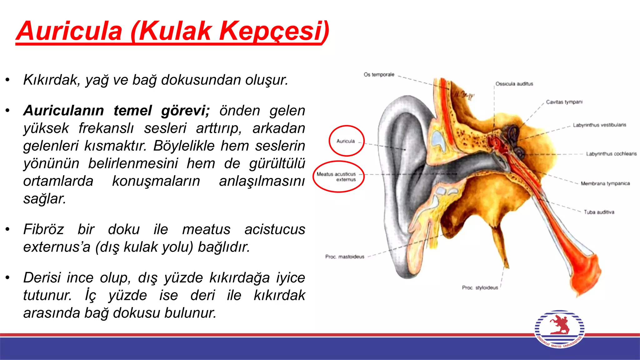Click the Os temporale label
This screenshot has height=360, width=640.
[x=379, y=75]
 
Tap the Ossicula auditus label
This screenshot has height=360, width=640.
[x=514, y=84]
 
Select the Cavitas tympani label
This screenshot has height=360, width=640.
[x=564, y=102]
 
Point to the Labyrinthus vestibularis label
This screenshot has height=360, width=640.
[x=599, y=125]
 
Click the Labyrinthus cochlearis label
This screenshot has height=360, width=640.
[x=611, y=154]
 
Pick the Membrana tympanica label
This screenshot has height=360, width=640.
[x=605, y=183]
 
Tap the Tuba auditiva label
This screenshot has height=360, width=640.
[x=599, y=212]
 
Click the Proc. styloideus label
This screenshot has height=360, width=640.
[x=480, y=287]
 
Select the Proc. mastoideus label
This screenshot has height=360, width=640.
[x=345, y=257]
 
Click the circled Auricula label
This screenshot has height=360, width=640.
[x=346, y=141]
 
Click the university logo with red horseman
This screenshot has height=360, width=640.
[x=559, y=329]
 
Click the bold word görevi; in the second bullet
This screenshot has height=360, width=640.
[x=185, y=111]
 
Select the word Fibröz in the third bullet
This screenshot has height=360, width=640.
[x=44, y=229]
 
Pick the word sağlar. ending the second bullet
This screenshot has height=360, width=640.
[x=44, y=199]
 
